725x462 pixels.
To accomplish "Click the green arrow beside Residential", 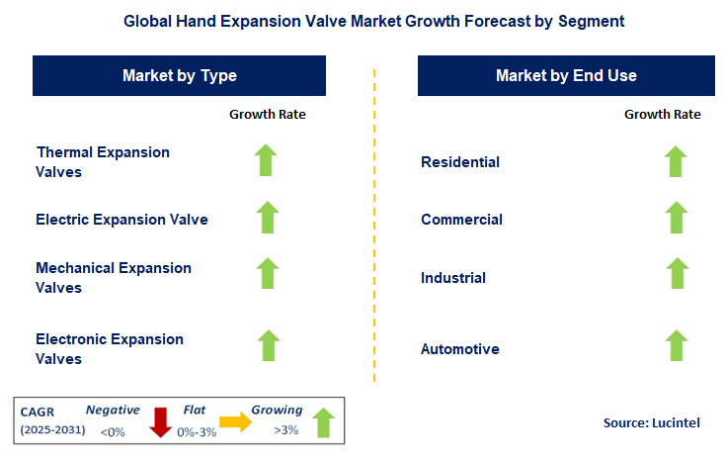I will point(676,161).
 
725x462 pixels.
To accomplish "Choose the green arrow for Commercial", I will point(676,218).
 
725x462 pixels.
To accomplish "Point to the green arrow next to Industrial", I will point(676,274).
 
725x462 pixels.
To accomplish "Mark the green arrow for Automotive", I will point(676,345).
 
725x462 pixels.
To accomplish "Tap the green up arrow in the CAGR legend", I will point(321,422).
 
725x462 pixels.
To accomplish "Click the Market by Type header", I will point(180,75).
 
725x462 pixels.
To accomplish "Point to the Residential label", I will point(460,162).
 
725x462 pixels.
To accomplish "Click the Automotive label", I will point(460,349).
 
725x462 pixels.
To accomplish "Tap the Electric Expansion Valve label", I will point(121,220).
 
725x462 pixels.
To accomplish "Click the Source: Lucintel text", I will point(651,422).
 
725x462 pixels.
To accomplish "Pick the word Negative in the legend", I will point(113,410).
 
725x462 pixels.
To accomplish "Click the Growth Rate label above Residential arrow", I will point(662,115).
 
